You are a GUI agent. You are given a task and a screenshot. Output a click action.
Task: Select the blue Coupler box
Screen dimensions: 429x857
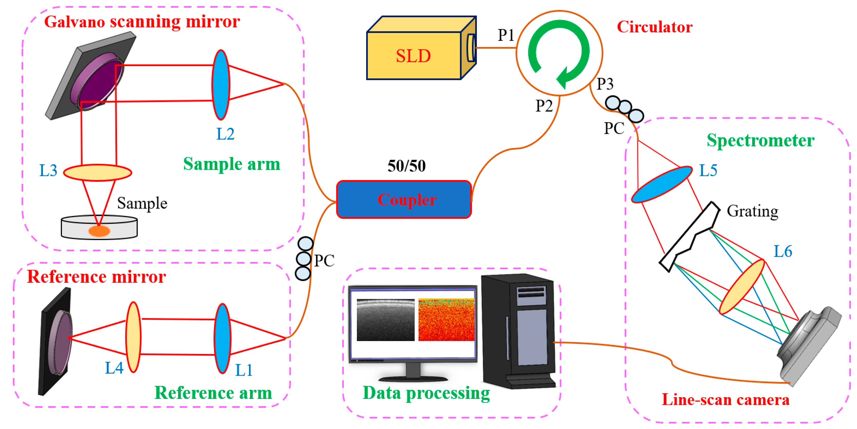[x=404, y=200]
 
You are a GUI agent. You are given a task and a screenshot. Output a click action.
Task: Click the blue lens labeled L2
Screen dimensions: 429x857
[x=220, y=85]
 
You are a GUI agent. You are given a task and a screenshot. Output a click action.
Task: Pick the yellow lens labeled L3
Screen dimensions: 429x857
[x=97, y=172]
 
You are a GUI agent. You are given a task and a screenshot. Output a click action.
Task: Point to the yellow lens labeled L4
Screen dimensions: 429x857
[x=133, y=337]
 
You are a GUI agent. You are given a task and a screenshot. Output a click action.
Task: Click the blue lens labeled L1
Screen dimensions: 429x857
[x=222, y=338]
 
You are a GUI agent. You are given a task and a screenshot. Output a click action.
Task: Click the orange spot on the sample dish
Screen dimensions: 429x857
[x=99, y=231]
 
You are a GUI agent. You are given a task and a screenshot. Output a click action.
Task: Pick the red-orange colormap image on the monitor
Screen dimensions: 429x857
[x=446, y=320]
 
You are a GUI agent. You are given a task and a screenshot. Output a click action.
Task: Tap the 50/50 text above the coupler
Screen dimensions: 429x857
[x=406, y=166]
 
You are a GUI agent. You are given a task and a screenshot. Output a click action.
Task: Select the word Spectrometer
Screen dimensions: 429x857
[x=760, y=140]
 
